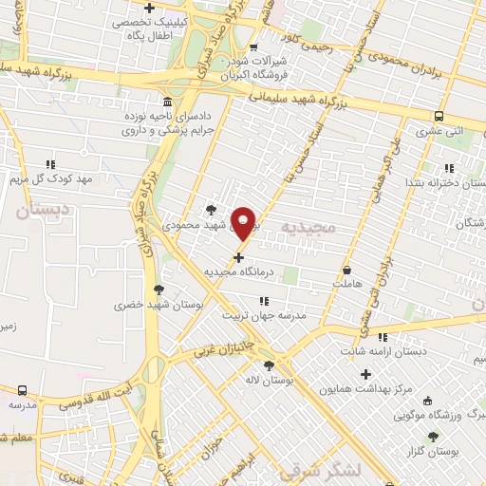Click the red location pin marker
244,223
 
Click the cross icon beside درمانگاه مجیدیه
238,256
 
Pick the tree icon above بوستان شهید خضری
159,290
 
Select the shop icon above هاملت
346,270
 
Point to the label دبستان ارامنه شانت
389,351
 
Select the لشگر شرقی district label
313,471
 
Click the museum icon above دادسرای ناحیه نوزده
167,101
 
